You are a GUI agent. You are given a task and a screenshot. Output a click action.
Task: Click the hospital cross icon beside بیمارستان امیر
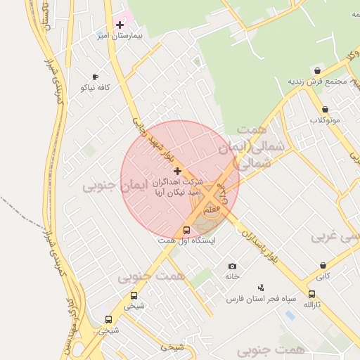pyautogui.click(x=120, y=25)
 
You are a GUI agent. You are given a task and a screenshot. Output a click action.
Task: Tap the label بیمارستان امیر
pyautogui.click(x=120, y=35)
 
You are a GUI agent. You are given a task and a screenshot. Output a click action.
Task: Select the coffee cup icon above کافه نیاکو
pyautogui.click(x=96, y=77)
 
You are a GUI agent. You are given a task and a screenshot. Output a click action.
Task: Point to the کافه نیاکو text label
pyautogui.click(x=96, y=87)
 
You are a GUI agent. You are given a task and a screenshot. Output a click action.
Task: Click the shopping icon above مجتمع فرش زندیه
pyautogui.click(x=318, y=70)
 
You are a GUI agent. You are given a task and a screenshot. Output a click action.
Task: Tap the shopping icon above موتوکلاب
pyautogui.click(x=325, y=109)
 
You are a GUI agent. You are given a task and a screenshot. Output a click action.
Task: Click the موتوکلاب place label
pyautogui.click(x=325, y=120)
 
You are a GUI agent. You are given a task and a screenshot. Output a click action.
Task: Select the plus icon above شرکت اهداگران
pyautogui.click(x=177, y=171)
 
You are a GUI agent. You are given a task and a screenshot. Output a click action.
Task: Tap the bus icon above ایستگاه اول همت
pyautogui.click(x=186, y=230)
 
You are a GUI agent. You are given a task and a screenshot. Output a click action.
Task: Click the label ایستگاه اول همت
pyautogui.click(x=186, y=240)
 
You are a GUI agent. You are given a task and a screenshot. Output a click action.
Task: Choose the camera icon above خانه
pyautogui.click(x=233, y=266)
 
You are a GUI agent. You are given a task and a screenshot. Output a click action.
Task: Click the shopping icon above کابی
pyautogui.click(x=323, y=266)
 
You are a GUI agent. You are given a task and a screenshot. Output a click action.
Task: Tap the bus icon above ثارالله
pyautogui.click(x=311, y=295)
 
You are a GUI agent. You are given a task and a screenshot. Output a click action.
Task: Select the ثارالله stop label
pyautogui.click(x=311, y=305)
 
